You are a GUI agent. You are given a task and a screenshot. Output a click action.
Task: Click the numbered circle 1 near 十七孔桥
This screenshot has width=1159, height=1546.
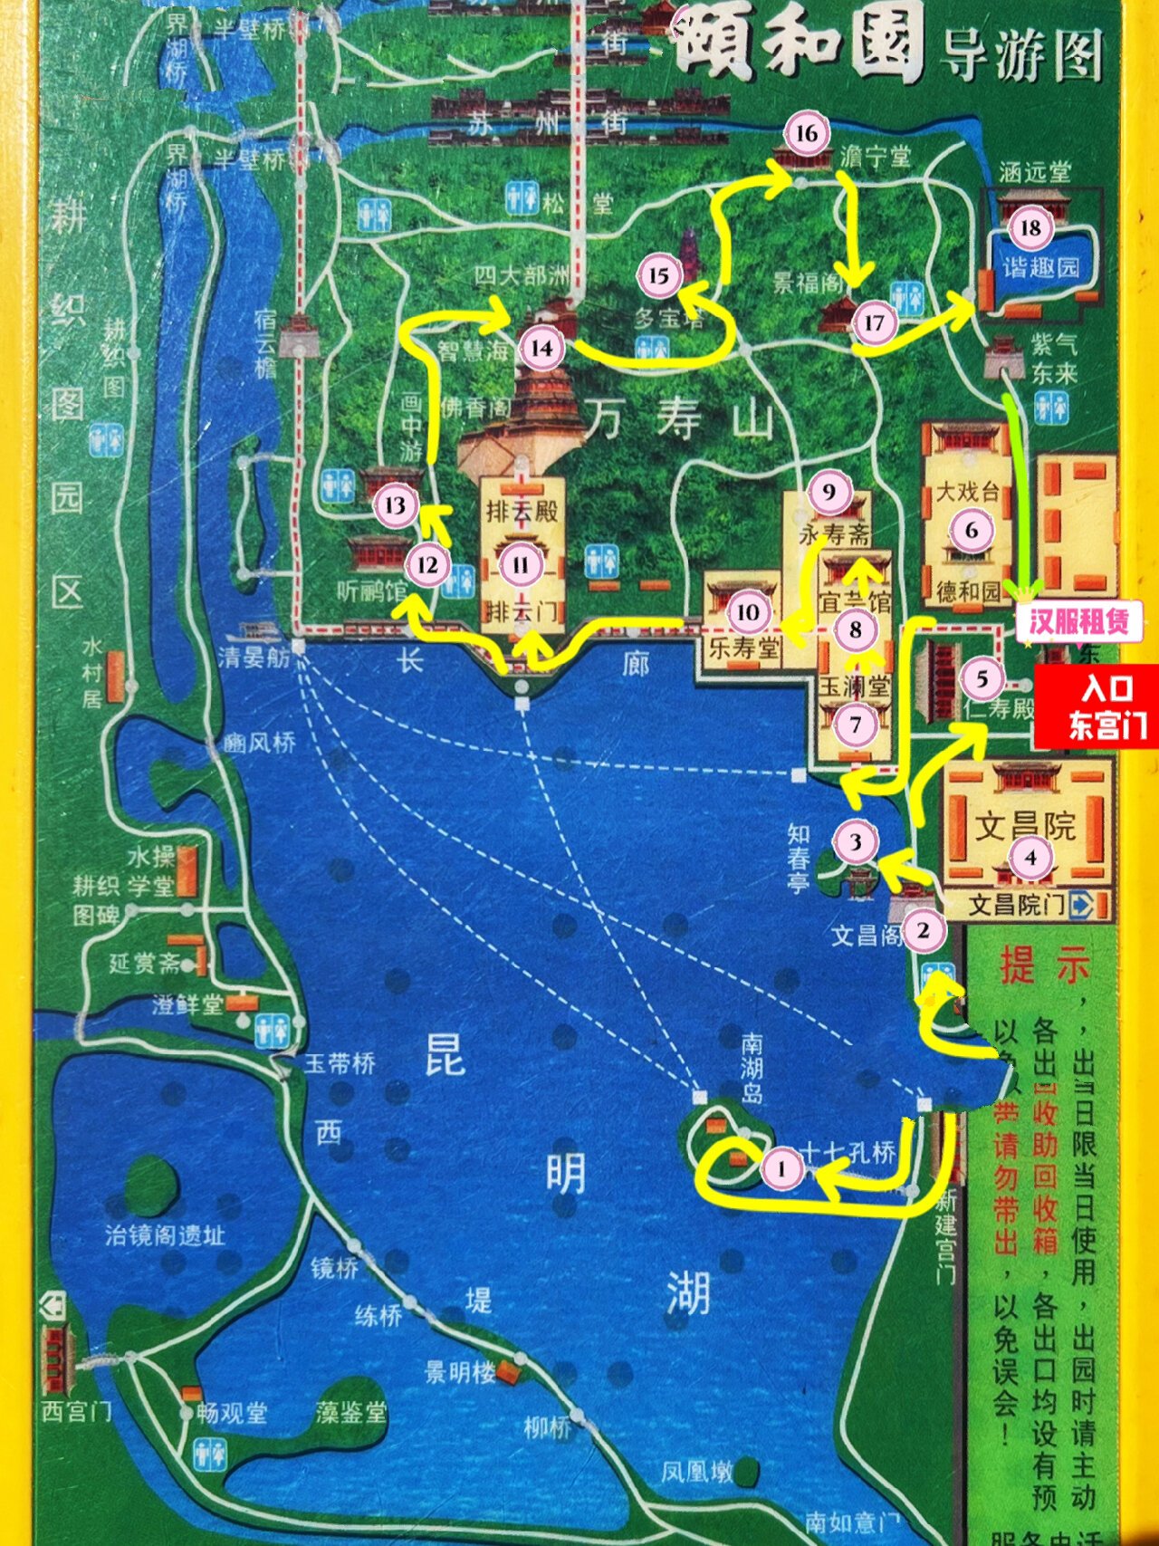781,1168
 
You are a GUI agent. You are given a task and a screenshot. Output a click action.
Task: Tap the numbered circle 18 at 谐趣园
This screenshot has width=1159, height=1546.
1030,227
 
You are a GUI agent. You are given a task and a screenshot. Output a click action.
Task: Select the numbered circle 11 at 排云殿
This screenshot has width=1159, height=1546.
521,566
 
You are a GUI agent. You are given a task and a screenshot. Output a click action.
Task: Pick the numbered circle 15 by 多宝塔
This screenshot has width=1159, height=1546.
658,276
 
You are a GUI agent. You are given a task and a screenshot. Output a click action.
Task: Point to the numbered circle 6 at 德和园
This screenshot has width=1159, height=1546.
972,531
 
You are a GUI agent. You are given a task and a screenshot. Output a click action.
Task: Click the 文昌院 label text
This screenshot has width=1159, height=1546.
1025,825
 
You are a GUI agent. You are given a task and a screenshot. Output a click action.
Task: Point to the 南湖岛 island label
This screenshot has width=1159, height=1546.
752,1069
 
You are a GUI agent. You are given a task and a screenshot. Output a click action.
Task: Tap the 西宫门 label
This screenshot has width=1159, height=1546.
76,1411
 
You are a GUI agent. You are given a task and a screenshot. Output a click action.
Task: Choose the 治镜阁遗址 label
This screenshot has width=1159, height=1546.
164,1234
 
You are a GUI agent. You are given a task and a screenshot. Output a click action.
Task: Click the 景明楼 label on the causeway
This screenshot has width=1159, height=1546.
460,1372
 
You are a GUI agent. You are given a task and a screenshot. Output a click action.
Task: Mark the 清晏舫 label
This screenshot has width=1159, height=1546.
254,656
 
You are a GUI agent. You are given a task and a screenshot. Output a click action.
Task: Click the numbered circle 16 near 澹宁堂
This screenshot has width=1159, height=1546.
806,134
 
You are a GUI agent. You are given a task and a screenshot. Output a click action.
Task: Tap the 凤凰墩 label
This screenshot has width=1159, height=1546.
695,1472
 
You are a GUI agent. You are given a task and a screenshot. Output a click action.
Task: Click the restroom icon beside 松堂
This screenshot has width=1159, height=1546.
522,198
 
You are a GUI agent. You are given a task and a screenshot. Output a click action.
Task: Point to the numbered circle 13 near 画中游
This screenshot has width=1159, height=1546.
396,504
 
